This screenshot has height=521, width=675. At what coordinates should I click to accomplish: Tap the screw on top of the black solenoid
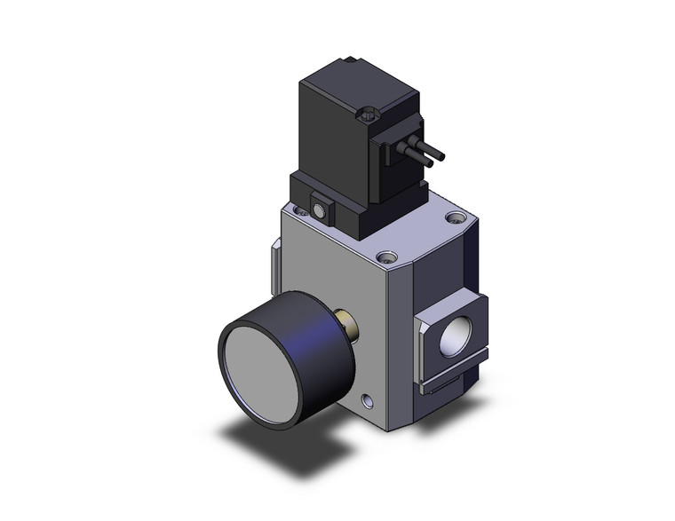click(371, 113)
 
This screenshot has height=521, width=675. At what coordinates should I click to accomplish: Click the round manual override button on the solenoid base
click(319, 211)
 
